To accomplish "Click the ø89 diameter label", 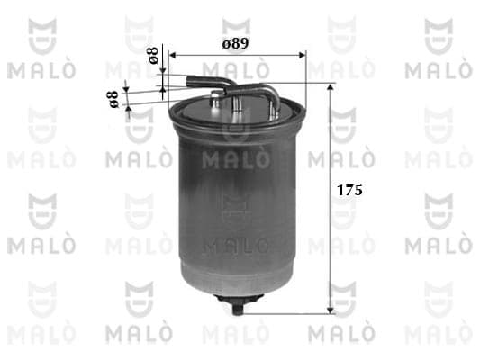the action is [x=235, y=44].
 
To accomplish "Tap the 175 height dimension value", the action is [x=349, y=190].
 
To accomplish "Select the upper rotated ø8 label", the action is [x=153, y=56].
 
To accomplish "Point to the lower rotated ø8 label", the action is [x=113, y=99].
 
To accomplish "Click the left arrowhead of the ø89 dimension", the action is [x=172, y=55].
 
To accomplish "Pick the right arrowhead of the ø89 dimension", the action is [x=303, y=55].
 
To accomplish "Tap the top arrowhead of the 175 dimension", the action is [x=330, y=87].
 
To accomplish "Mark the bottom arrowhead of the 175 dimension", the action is [x=330, y=310].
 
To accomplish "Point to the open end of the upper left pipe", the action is [x=189, y=81].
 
